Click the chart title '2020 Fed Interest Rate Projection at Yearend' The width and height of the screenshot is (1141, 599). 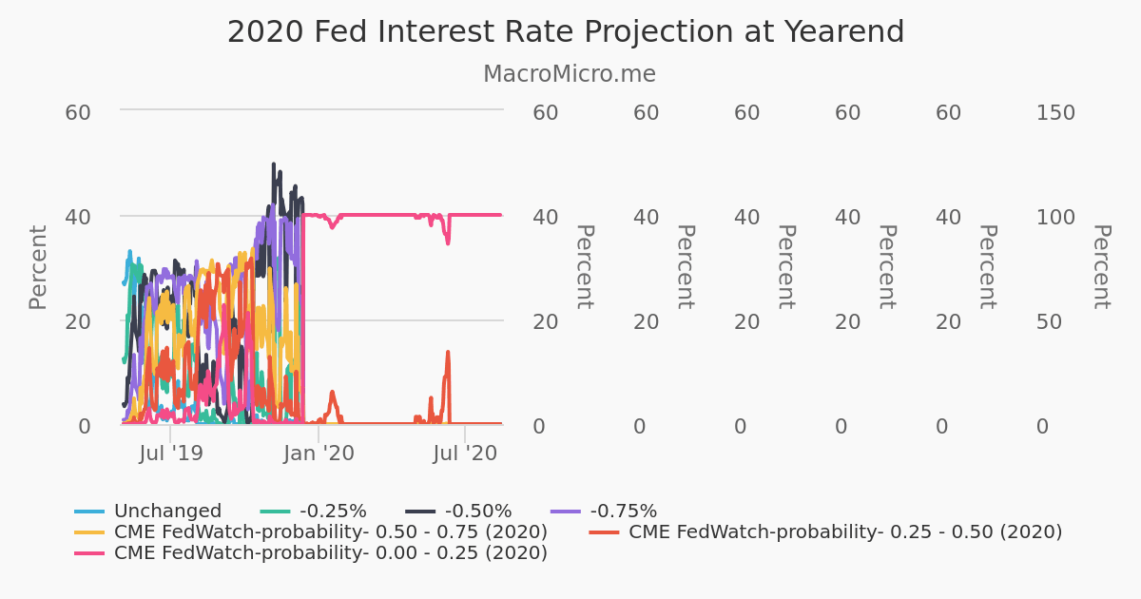point(565,32)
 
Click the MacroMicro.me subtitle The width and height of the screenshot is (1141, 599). point(569,74)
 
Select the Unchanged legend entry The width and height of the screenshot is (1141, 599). point(167,512)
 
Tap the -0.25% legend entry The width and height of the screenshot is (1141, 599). point(333,512)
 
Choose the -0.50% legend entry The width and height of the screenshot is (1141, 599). point(478,512)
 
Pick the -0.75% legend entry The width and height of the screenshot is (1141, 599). point(624,512)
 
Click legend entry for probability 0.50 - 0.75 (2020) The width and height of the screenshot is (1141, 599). point(330,531)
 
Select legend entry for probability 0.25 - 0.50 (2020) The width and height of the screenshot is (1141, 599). point(845,531)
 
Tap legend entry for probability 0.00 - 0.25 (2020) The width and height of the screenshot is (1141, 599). point(330,552)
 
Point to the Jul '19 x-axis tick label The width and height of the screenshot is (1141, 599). point(171,454)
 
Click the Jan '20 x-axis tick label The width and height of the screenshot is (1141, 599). point(319,454)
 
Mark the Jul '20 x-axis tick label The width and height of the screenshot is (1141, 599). point(465,454)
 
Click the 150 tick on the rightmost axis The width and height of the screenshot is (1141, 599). point(1055,113)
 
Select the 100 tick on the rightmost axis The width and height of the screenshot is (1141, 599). point(1055,218)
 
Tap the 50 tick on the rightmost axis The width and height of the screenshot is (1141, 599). point(1049,322)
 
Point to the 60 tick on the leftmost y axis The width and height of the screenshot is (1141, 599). point(78,113)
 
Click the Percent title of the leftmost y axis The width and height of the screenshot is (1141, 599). point(38,267)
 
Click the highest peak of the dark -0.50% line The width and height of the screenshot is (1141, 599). point(274,164)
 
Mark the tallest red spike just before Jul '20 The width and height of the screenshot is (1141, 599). point(448,352)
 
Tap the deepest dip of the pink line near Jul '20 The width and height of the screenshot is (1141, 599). point(448,243)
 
